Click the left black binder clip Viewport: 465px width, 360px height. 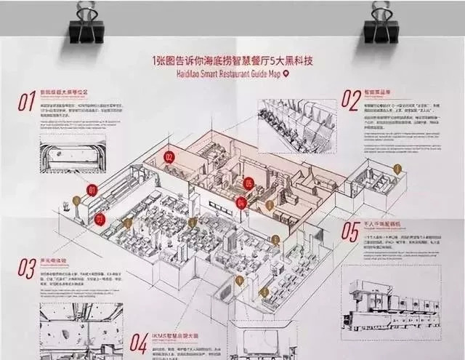pyautogui.click(x=86, y=25)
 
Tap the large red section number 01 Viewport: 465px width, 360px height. pyautogui.click(x=26, y=102)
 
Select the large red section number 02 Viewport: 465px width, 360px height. pyautogui.click(x=351, y=98)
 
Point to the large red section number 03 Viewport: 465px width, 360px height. pyautogui.click(x=27, y=268)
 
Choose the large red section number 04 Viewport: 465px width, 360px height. pyautogui.click(x=139, y=342)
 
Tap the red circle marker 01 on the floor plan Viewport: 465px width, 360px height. pyautogui.click(x=92, y=191)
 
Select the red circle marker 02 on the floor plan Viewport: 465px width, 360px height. pyautogui.click(x=169, y=156)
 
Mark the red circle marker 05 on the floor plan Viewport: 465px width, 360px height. pyautogui.click(x=248, y=183)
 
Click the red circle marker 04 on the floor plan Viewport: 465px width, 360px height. pyautogui.click(x=242, y=202)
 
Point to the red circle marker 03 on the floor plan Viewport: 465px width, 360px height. pyautogui.click(x=100, y=217)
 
